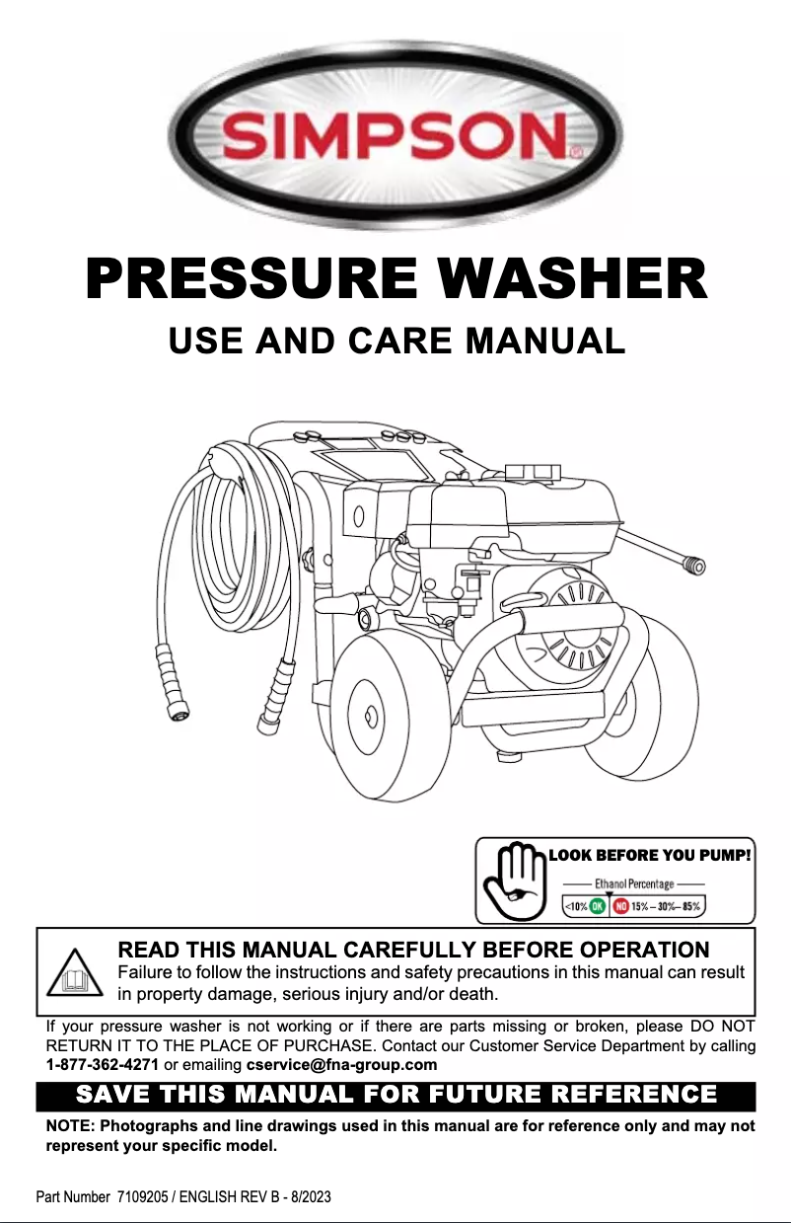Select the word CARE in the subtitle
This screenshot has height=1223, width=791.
coord(399,341)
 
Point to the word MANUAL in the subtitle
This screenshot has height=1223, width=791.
coord(545,341)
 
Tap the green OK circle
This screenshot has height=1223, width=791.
coord(598,907)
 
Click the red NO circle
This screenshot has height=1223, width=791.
coord(620,907)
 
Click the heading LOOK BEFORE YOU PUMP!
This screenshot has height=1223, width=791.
coord(650,856)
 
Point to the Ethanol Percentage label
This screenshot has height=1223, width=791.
coord(634,884)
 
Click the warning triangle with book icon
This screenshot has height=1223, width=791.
coord(75,973)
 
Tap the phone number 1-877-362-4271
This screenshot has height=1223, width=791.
coord(103,1065)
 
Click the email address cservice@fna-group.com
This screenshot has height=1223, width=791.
coord(341,1065)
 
